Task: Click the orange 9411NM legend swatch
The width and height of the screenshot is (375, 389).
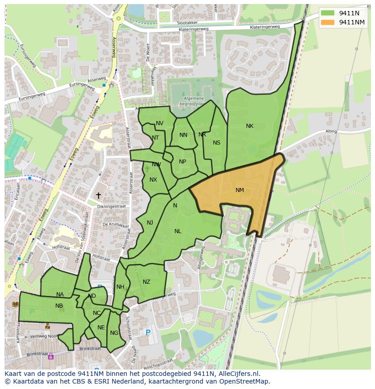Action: tap(329, 22)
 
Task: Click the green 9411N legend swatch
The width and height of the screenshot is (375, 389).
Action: tap(329, 13)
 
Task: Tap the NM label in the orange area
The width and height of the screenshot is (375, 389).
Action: tap(240, 190)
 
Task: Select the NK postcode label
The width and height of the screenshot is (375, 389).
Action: tap(250, 126)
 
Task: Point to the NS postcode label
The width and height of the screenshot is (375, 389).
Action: tap(216, 143)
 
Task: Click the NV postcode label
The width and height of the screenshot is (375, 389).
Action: tap(159, 123)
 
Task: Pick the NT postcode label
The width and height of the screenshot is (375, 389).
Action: tap(155, 138)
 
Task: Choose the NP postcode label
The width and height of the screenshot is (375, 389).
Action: tap(183, 162)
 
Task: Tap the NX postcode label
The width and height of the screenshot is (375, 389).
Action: tap(153, 180)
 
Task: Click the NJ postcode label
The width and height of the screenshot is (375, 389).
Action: tap(150, 222)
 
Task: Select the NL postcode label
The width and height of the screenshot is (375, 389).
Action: tap(178, 231)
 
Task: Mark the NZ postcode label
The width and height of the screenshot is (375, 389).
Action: tap(146, 282)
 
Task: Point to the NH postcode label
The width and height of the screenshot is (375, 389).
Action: tap(120, 287)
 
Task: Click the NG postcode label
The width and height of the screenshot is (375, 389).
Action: tap(114, 333)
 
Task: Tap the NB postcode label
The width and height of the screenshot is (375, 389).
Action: tap(59, 306)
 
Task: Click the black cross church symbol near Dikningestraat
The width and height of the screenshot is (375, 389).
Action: tap(98, 195)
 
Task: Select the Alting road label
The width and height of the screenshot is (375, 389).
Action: tap(331, 131)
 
